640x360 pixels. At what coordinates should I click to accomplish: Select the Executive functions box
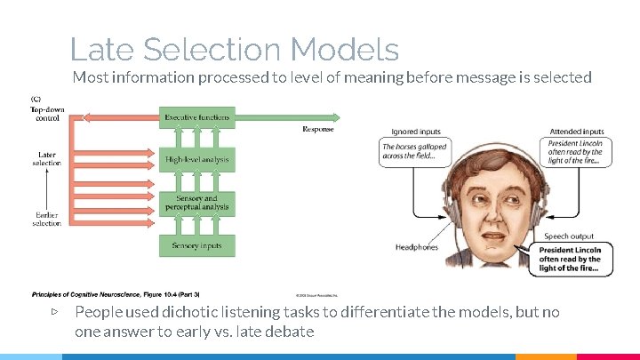(197, 117)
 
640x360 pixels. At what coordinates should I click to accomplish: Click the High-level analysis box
(197, 160)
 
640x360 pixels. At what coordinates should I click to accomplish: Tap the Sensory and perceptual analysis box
(197, 203)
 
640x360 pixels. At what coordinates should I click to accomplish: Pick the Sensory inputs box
(197, 244)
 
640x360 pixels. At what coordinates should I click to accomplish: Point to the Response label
(318, 129)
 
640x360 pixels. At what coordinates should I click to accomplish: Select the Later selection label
(47, 159)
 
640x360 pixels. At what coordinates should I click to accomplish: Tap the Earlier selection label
(47, 219)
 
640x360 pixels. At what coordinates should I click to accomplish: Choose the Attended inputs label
(576, 132)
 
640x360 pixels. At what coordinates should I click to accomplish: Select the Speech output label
(569, 236)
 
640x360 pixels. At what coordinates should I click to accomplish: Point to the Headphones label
(417, 247)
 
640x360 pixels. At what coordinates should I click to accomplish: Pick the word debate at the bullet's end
(290, 332)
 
